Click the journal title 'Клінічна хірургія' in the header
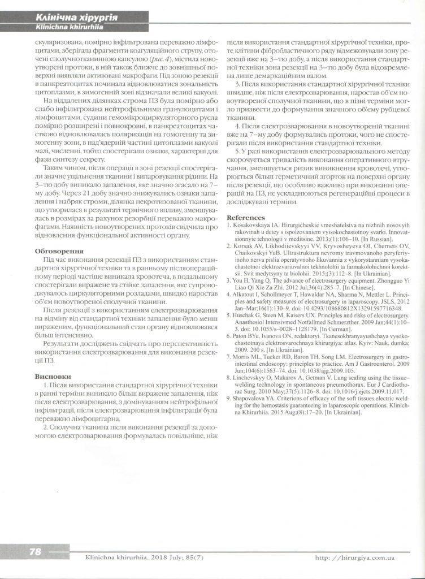point(76,18)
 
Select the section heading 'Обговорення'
point(59,250)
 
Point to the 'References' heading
point(245,218)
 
